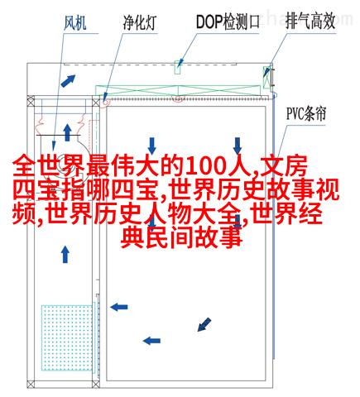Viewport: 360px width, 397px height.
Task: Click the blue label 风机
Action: [x=74, y=22]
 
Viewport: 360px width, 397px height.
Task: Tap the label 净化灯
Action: [x=140, y=22]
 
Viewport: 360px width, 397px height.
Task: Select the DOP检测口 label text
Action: [x=228, y=22]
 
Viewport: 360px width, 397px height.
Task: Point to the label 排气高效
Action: [x=310, y=22]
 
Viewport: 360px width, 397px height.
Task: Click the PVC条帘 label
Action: [x=306, y=113]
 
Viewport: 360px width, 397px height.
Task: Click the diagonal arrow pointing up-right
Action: [x=68, y=81]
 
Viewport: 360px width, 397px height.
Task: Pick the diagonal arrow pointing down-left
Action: [x=204, y=324]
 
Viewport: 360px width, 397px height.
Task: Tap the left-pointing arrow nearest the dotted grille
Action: [x=119, y=307]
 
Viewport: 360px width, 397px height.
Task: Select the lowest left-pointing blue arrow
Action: [x=151, y=341]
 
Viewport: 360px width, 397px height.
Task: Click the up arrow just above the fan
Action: [x=67, y=132]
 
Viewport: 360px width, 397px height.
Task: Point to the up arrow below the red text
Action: [x=65, y=255]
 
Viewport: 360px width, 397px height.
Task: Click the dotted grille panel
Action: [x=67, y=337]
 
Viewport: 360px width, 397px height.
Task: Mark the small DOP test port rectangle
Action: [x=178, y=67]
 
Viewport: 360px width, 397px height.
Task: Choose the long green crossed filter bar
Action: [x=178, y=90]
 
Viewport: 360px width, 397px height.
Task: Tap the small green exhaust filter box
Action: [x=266, y=77]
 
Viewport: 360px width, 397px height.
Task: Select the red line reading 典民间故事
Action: [x=181, y=237]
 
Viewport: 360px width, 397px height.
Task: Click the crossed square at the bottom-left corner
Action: [x=31, y=384]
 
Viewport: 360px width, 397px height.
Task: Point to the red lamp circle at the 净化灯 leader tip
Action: [x=106, y=103]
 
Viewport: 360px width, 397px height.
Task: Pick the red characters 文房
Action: [x=284, y=166]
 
